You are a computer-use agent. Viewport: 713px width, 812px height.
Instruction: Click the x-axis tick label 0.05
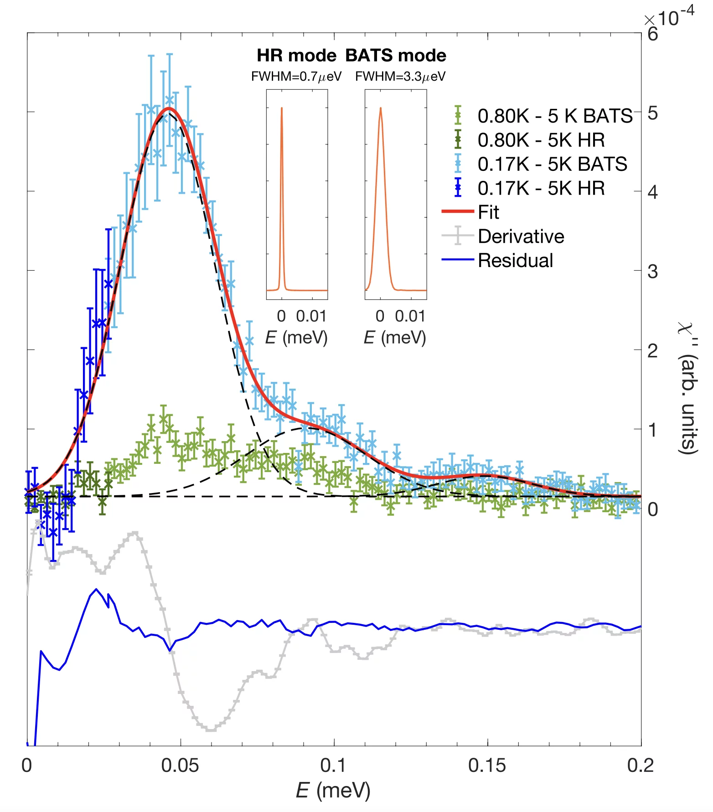pyautogui.click(x=180, y=766)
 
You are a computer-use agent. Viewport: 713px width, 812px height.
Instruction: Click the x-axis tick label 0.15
pyautogui.click(x=487, y=766)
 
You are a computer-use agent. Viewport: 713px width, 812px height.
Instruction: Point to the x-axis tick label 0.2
pyautogui.click(x=640, y=766)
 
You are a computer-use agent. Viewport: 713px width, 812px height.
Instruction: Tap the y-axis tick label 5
pyautogui.click(x=652, y=113)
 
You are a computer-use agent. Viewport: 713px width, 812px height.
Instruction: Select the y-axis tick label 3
pyautogui.click(x=652, y=272)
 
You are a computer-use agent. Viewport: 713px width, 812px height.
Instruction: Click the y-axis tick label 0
pyautogui.click(x=652, y=509)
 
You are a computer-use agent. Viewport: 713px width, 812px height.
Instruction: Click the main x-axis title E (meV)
pyautogui.click(x=333, y=791)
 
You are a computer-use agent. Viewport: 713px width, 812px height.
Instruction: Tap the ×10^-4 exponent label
pyautogui.click(x=669, y=18)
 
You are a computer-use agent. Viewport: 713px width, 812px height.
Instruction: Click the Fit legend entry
pyautogui.click(x=488, y=212)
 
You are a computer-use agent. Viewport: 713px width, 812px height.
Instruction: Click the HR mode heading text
pyautogui.click(x=296, y=56)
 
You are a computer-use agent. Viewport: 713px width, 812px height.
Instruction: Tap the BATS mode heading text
pyautogui.click(x=396, y=56)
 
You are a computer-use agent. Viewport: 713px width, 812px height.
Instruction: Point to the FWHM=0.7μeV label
pyautogui.click(x=296, y=77)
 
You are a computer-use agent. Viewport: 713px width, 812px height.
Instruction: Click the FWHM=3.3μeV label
pyautogui.click(x=400, y=77)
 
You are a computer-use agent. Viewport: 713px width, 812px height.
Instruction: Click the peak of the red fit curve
pyautogui.click(x=169, y=108)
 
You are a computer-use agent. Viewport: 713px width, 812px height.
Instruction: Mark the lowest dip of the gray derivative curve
pyautogui.click(x=210, y=730)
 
